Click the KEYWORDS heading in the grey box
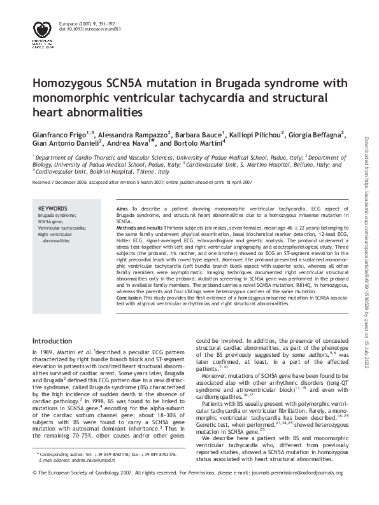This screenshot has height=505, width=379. [53, 208]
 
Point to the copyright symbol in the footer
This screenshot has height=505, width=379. [34, 490]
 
